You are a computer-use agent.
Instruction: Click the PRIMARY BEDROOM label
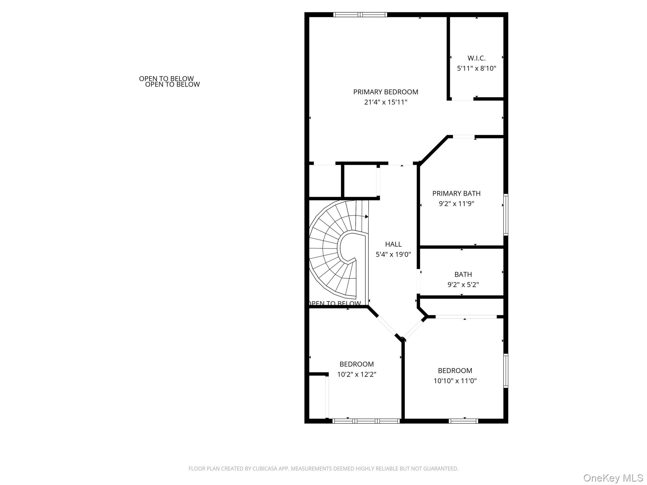coord(385,92)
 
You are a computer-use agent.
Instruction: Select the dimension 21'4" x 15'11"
coord(385,102)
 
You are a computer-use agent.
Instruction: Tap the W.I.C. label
coord(476,58)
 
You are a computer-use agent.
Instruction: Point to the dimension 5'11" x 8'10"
coord(476,68)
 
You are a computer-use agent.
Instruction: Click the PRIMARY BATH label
coord(456,193)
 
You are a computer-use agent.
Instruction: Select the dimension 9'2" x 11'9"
coord(456,204)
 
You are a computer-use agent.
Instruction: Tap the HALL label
coord(393,244)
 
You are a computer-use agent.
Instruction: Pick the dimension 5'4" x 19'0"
coord(393,254)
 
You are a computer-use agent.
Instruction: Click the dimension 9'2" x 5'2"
coord(463,285)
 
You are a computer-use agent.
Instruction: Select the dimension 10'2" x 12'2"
coord(356,374)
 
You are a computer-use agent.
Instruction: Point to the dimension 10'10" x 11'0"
coord(455,381)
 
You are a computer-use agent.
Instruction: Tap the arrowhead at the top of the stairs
coord(366,217)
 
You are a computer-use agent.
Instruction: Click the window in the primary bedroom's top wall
coord(360,15)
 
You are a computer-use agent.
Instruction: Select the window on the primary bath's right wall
coord(506,215)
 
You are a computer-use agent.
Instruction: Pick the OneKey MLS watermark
coord(613,478)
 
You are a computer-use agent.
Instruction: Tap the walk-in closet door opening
coord(462,99)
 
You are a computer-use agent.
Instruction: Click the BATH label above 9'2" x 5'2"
coord(463,274)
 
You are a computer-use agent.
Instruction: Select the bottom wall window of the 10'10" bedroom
coord(463,421)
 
